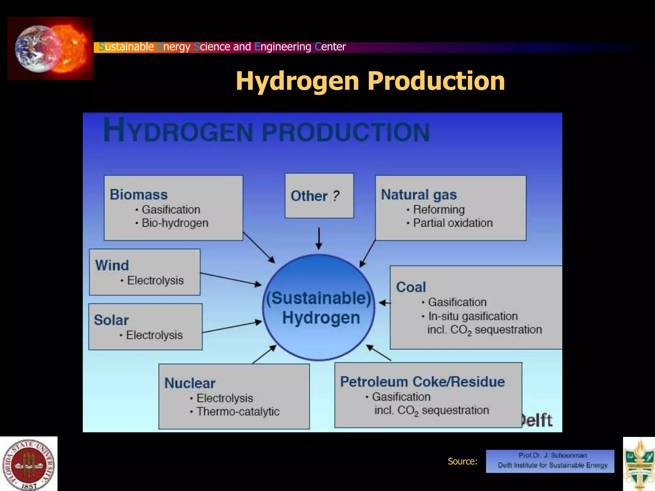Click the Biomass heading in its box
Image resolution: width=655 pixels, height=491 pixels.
138,194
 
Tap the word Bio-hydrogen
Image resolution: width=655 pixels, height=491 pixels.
175,223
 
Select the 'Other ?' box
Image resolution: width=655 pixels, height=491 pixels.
319,196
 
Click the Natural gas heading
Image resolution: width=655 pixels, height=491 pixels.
419,194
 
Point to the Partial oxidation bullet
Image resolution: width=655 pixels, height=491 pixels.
453,223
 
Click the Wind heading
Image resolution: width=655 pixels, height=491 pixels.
112,265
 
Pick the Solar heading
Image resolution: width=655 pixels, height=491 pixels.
111,320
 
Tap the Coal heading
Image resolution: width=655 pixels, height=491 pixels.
411,287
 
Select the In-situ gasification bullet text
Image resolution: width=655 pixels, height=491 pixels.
473,316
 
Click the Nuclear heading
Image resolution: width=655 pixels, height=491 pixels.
190,383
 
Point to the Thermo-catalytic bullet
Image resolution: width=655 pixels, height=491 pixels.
238,411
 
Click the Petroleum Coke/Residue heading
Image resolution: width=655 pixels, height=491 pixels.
422,382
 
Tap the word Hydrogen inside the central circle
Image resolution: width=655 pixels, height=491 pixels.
321,318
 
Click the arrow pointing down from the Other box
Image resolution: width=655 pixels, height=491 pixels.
319,238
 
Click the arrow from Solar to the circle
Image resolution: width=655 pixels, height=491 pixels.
232,327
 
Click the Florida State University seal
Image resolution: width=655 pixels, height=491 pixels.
29,464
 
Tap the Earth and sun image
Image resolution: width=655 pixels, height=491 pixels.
51,48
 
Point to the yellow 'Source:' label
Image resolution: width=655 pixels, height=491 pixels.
462,461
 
